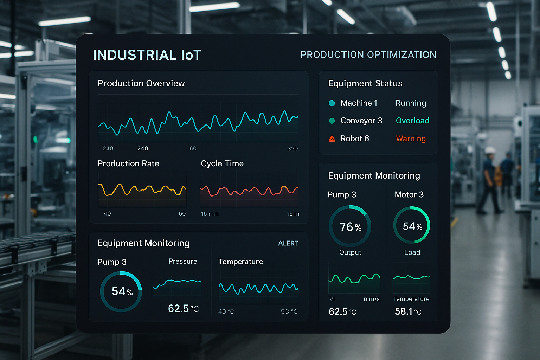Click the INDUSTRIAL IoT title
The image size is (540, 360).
click(147, 55)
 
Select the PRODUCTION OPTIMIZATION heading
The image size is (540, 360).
click(368, 55)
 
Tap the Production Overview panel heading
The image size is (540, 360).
click(141, 83)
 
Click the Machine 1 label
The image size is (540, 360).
click(359, 103)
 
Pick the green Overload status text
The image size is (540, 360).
click(412, 121)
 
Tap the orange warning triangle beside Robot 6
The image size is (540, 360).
click(332, 139)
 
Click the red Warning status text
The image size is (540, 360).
click(411, 139)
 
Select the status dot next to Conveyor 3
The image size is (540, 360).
click(332, 121)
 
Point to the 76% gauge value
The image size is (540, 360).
click(351, 227)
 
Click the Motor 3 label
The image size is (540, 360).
click(409, 195)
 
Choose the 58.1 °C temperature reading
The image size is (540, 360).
click(407, 311)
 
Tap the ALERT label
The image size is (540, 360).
click(288, 243)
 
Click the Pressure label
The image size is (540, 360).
click(182, 261)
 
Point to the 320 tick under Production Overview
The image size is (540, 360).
click(292, 149)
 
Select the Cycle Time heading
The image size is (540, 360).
click(222, 163)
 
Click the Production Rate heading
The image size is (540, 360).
click(128, 163)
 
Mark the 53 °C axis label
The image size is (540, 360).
click(289, 311)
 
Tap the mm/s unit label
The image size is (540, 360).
click(371, 299)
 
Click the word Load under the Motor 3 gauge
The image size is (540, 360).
click(412, 252)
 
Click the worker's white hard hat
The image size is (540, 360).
click(490, 150)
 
